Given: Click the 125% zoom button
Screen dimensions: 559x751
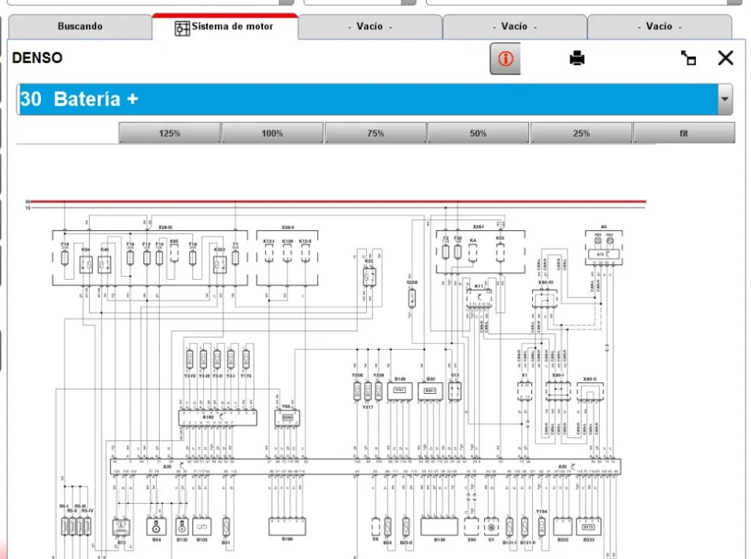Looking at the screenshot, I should click(169, 133).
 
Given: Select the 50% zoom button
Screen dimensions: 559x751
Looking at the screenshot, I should click(478, 133).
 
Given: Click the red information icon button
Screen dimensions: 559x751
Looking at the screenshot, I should click(505, 59).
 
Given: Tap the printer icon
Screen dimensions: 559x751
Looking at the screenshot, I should click(577, 58).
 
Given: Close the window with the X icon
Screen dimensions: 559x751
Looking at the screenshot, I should click(725, 57).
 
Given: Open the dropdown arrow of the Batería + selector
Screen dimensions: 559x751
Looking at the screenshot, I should click(724, 100).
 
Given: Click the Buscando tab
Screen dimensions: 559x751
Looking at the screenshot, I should click(80, 27).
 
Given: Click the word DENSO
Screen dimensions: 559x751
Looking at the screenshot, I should click(37, 58).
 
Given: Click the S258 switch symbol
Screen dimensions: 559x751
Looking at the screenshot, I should click(412, 298).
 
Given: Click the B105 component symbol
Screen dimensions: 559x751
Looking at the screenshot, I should click(202, 526).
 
